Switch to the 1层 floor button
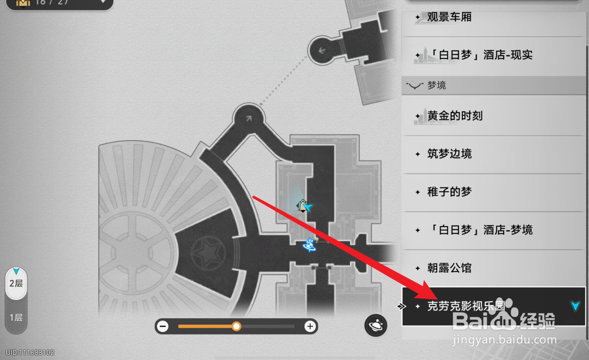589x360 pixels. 16,317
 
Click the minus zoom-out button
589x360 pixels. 163,326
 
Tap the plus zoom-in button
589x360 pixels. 310,326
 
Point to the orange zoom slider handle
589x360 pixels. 236,326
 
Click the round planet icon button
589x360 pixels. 376,325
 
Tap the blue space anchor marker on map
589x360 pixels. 310,245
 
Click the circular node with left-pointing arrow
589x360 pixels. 322,50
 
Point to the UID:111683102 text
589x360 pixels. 30,353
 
